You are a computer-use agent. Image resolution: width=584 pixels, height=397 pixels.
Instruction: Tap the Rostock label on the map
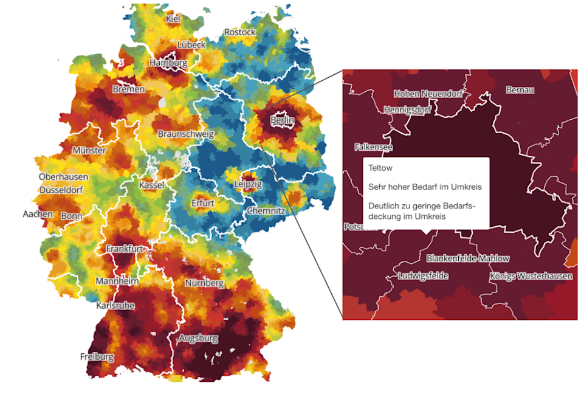click(239, 32)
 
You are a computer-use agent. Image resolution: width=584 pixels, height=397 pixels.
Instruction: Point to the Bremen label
click(129, 89)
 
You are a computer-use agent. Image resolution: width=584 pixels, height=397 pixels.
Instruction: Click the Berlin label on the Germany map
click(283, 120)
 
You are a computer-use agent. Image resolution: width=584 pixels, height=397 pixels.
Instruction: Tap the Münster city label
click(89, 150)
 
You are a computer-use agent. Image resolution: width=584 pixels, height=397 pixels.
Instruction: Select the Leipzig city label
click(248, 183)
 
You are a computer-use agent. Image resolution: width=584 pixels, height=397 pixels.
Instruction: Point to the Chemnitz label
click(265, 211)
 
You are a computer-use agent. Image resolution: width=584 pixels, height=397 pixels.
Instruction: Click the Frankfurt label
click(125, 249)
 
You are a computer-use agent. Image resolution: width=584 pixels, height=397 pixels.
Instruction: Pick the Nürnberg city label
click(205, 283)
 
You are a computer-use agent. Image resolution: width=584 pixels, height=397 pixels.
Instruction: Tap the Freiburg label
click(97, 357)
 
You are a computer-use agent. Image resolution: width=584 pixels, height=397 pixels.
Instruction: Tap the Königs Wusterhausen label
click(531, 277)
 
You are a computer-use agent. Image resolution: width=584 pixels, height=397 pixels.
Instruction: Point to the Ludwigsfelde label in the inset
click(423, 276)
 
